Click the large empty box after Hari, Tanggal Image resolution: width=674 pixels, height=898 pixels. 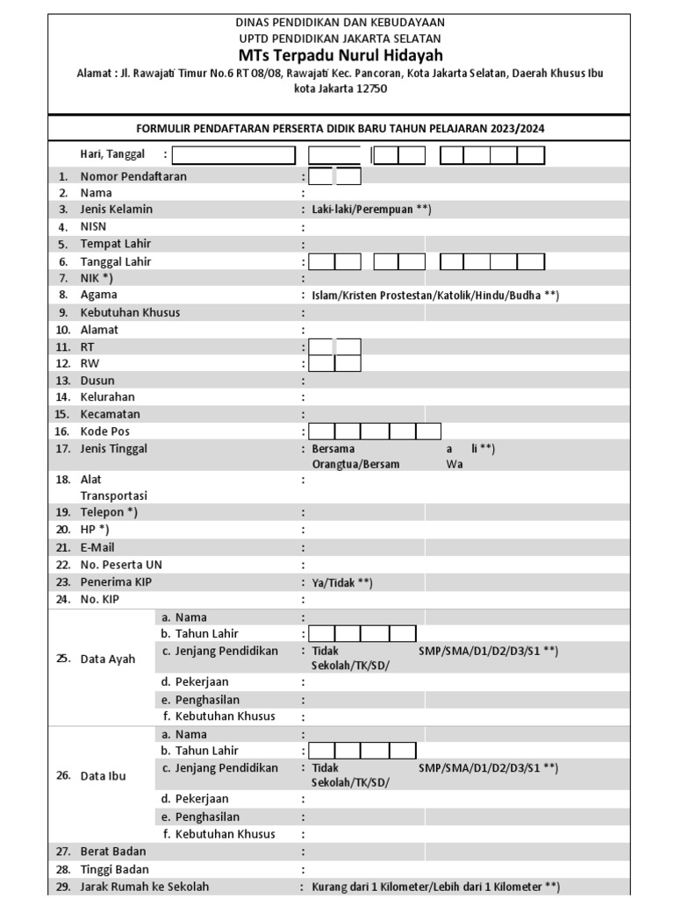point(234,155)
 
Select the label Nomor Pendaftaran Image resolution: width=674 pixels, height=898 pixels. point(133,176)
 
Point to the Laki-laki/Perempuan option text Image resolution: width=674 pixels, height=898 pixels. point(371,210)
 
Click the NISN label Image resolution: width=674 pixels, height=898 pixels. point(93,226)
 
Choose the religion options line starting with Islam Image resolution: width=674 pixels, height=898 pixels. point(435,296)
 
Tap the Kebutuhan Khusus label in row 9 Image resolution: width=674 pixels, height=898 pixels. point(130,312)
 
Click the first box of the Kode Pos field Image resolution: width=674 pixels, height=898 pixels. point(322,431)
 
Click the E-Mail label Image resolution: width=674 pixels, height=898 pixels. point(97,547)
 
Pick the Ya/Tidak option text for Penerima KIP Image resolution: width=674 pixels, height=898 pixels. point(342,583)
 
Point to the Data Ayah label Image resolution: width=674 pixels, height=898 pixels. point(108,659)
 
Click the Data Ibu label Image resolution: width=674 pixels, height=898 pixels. point(104,776)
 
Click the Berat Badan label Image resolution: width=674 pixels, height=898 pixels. point(113,852)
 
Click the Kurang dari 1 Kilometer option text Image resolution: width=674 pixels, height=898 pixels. point(383,887)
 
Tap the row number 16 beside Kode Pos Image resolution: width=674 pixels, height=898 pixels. point(62,431)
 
